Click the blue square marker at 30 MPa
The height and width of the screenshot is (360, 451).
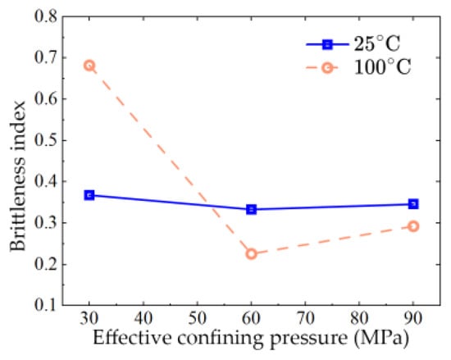pyautogui.click(x=89, y=195)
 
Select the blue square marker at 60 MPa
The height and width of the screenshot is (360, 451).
pyautogui.click(x=252, y=209)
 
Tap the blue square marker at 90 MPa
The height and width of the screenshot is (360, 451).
pyautogui.click(x=413, y=204)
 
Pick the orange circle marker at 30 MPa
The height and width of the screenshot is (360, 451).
pyautogui.click(x=89, y=66)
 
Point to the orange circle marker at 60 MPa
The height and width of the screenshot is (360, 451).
pyautogui.click(x=252, y=254)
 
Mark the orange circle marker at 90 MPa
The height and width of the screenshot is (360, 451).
pyautogui.click(x=413, y=226)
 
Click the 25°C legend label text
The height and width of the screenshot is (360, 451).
pyautogui.click(x=377, y=43)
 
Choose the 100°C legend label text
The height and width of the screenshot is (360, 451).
pyautogui.click(x=383, y=67)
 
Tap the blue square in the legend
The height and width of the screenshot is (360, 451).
pyautogui.click(x=327, y=44)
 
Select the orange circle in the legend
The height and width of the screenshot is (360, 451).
pyautogui.click(x=327, y=68)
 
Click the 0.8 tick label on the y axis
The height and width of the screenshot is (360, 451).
pyautogui.click(x=46, y=16)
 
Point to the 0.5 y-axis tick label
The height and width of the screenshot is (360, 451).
pyautogui.click(x=46, y=140)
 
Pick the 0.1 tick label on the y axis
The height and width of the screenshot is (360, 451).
pyautogui.click(x=46, y=305)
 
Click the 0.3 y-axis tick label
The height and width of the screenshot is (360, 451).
pyautogui.click(x=46, y=223)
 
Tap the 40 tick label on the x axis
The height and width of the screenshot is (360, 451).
pyautogui.click(x=143, y=318)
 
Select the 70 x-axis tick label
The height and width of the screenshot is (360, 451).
pyautogui.click(x=306, y=318)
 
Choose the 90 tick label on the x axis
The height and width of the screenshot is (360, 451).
pyautogui.click(x=413, y=318)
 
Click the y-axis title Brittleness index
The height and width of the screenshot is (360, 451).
pyautogui.click(x=18, y=176)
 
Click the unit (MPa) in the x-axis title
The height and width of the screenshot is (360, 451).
pyautogui.click(x=381, y=339)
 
